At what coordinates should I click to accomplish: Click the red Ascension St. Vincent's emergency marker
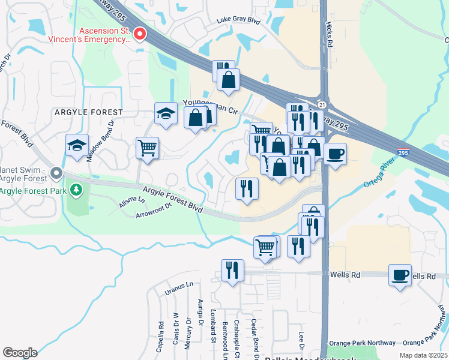(140, 35)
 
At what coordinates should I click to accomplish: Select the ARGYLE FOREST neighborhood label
(89, 112)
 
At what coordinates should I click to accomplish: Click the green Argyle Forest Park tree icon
(76, 191)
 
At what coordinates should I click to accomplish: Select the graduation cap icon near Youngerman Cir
(166, 113)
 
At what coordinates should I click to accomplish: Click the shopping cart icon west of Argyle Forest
(147, 146)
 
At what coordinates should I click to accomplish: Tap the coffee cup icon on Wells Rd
(400, 275)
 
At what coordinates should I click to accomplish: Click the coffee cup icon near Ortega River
(335, 153)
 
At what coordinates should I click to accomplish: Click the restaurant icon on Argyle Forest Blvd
(247, 188)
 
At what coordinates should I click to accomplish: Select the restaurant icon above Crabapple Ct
(232, 270)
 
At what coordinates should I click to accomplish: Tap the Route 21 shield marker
(322, 104)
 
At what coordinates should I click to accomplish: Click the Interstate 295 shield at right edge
(403, 153)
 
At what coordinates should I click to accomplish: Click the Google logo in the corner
(20, 353)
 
